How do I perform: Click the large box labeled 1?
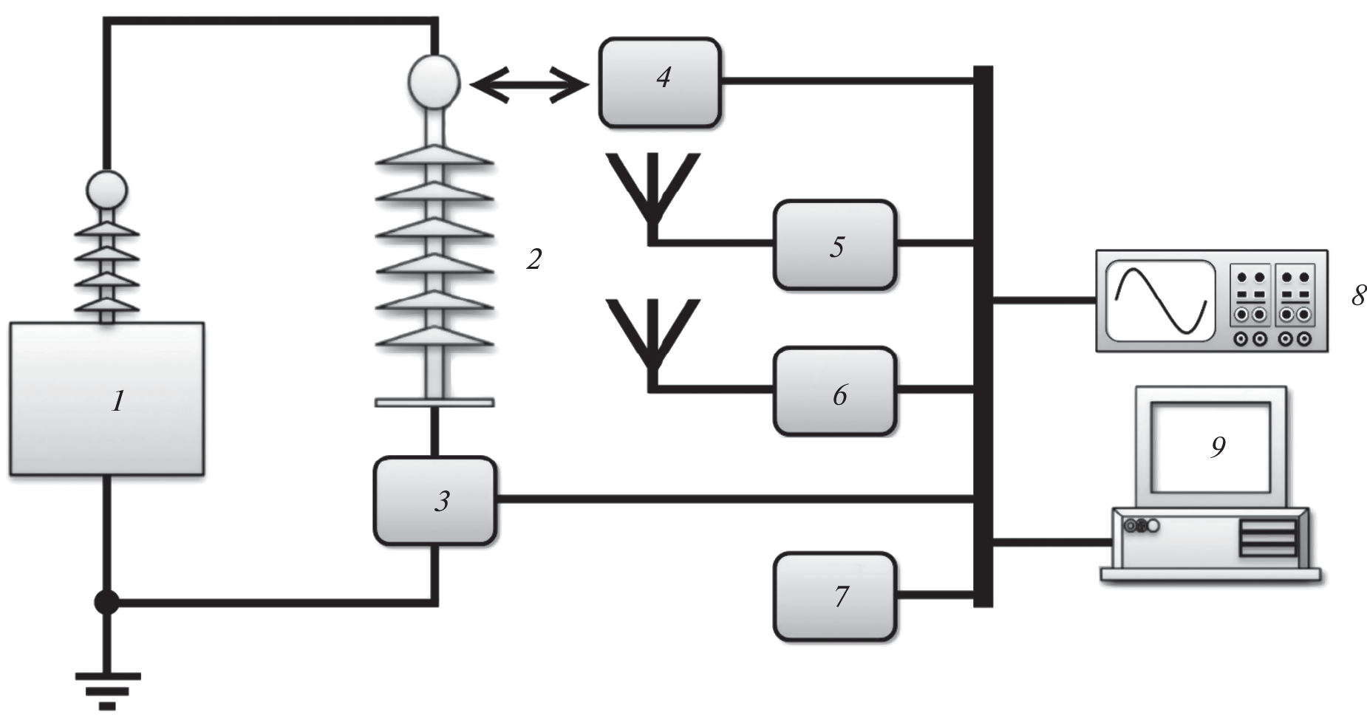pos(106,398)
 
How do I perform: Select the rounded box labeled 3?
pos(434,500)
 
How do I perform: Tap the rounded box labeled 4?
pos(660,83)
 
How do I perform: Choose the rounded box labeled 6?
pos(835,391)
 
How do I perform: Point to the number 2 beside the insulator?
pos(533,259)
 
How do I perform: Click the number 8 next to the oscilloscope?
pos(1358,296)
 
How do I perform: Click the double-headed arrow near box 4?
pos(529,86)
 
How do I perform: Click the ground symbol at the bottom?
pos(107,686)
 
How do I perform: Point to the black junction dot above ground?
pos(107,602)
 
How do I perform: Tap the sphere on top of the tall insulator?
pos(434,81)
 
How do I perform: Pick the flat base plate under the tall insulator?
pos(434,403)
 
